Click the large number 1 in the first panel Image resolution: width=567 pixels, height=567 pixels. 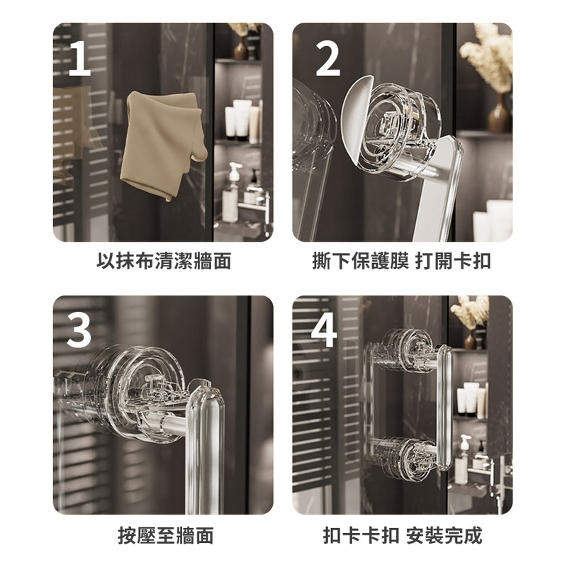[x=80, y=58]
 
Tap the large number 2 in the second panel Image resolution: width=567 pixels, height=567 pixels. [x=328, y=58]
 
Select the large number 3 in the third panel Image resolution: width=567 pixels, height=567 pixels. [x=79, y=330]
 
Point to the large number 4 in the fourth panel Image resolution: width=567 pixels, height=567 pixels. [x=324, y=330]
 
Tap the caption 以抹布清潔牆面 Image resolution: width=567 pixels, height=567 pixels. [x=164, y=261]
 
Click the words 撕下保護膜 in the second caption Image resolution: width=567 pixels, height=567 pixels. [x=360, y=261]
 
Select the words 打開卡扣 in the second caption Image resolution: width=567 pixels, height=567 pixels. [x=453, y=261]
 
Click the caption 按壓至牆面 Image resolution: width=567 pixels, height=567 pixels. [x=166, y=536]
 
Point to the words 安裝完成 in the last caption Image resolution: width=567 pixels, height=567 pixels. [x=444, y=536]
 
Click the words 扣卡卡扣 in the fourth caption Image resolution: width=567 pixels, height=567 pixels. [x=361, y=536]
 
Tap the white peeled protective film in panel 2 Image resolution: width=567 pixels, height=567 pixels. [x=357, y=119]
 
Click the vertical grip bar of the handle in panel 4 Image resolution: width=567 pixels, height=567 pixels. [x=444, y=408]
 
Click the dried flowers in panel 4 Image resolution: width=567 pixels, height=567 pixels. [x=469, y=311]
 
